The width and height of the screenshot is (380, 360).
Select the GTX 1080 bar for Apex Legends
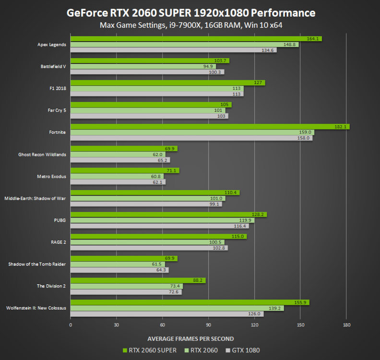(173, 50)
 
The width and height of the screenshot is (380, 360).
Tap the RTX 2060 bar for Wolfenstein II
(177, 308)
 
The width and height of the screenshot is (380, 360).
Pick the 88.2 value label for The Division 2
(198, 280)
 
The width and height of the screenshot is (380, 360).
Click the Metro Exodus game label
(52, 176)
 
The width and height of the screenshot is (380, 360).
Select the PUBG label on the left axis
(60, 220)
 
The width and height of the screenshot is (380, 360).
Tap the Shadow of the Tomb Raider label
(37, 264)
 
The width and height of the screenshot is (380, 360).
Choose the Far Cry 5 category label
(56, 110)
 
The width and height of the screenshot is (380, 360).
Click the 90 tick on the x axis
(208, 325)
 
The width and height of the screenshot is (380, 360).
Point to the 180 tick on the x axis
(346, 325)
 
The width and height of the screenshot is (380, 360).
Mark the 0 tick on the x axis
(71, 325)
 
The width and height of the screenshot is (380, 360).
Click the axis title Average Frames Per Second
(190, 338)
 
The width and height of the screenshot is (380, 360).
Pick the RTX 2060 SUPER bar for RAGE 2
(158, 237)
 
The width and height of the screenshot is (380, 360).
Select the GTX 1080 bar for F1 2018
(157, 94)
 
